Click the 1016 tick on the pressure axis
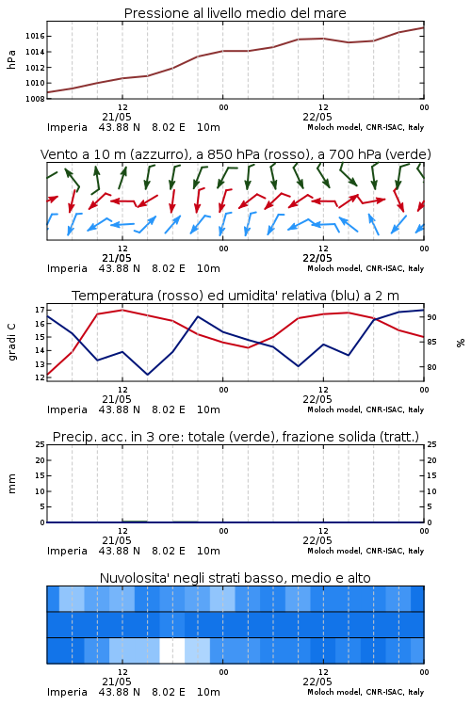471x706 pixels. click(35, 36)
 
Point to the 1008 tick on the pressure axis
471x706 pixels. click(35, 99)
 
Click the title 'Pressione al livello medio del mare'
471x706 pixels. click(235, 13)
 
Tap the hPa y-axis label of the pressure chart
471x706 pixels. click(11, 59)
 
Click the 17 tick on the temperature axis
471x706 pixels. click(40, 310)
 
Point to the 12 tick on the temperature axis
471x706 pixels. click(40, 377)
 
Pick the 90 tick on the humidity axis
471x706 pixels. click(431, 317)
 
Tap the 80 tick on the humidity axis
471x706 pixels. click(431, 367)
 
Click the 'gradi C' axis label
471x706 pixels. click(11, 343)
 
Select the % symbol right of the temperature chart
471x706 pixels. click(461, 343)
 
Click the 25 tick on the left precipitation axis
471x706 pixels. click(40, 444)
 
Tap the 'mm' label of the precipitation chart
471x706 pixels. click(11, 484)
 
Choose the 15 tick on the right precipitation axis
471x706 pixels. click(431, 475)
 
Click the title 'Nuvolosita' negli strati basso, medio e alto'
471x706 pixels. click(235, 578)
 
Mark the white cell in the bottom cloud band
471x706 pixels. click(172, 650)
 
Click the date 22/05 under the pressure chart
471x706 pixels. click(317, 117)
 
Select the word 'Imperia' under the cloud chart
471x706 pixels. click(67, 692)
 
